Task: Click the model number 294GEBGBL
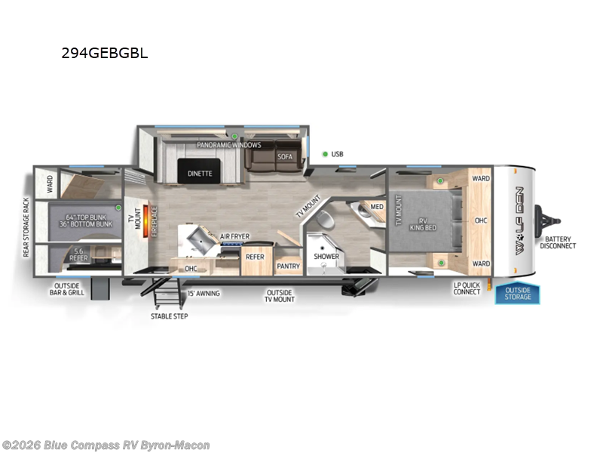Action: point(105,54)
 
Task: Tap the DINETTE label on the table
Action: point(200,174)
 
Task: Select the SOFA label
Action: point(284,156)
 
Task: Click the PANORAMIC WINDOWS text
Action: point(229,145)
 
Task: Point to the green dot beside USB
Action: point(325,154)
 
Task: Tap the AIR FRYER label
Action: point(234,236)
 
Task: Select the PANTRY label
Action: point(288,266)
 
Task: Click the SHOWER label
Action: point(326,257)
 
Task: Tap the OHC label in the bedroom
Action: point(481,221)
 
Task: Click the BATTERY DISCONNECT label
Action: point(558,242)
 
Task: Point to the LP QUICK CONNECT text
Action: point(467,288)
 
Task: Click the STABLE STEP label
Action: point(169,316)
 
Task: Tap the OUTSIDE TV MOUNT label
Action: point(279,296)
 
